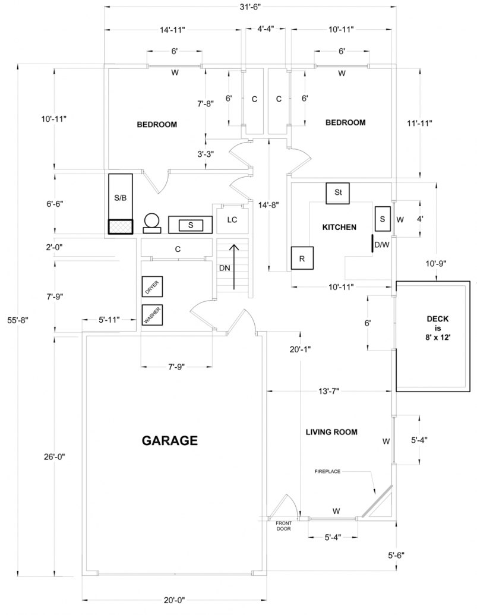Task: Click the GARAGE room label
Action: tap(169, 440)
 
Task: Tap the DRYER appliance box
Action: tap(152, 288)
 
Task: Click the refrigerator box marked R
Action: tap(302, 258)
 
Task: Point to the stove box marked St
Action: tap(338, 193)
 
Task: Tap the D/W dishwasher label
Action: tap(382, 244)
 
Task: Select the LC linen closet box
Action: tap(232, 219)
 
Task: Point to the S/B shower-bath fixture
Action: tap(120, 198)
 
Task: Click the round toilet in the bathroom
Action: tap(151, 222)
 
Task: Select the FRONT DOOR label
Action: tap(283, 525)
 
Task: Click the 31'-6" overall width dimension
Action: tap(252, 7)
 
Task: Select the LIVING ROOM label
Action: tap(331, 432)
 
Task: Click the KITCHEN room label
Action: tap(339, 227)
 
